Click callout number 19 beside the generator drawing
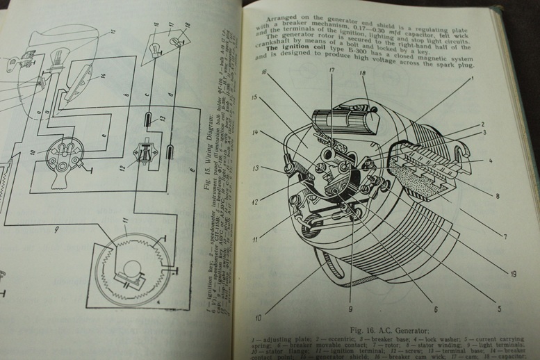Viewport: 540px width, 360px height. (512, 274)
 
